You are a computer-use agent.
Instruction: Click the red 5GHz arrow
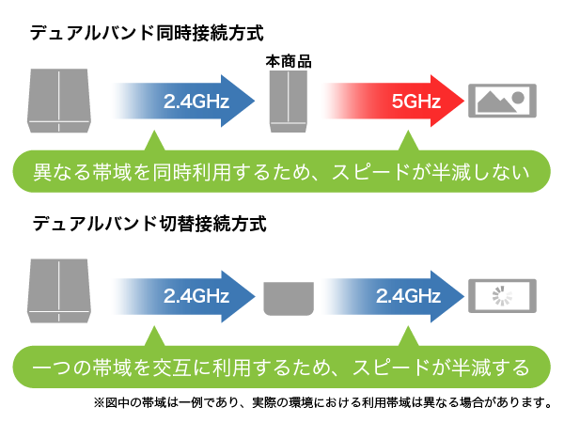click(x=394, y=102)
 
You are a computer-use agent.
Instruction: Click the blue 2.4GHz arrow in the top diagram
click(x=183, y=102)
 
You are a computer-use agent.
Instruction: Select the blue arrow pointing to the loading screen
click(x=394, y=296)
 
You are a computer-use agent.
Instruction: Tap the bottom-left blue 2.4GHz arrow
click(x=183, y=296)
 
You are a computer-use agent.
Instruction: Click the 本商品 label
click(x=289, y=61)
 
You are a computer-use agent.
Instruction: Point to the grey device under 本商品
click(x=289, y=102)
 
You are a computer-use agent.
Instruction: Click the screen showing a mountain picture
click(x=502, y=101)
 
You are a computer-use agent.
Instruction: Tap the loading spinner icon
click(x=502, y=296)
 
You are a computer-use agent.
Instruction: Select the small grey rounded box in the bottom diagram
click(x=289, y=299)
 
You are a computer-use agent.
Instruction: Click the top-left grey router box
click(x=59, y=101)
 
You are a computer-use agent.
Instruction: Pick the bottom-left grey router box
click(x=59, y=290)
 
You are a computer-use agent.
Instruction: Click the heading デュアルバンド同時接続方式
click(x=147, y=33)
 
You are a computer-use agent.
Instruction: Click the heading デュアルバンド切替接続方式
click(x=149, y=224)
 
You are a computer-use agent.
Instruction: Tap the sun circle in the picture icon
click(x=518, y=98)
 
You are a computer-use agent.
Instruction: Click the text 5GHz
click(x=416, y=102)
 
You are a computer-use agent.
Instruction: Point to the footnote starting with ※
click(x=322, y=402)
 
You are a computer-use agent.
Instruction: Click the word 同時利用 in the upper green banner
click(x=192, y=172)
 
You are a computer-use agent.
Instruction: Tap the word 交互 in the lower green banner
click(x=172, y=368)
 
